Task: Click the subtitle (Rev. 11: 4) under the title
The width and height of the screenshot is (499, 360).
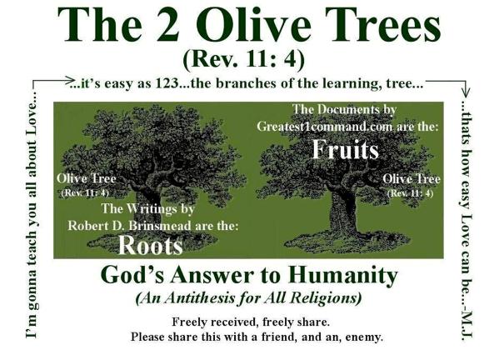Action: [244, 59]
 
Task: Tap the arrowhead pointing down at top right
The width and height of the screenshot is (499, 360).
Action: [466, 92]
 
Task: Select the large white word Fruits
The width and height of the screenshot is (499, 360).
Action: [345, 149]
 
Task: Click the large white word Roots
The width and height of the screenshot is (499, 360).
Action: [151, 245]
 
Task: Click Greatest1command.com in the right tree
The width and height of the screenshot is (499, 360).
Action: [325, 127]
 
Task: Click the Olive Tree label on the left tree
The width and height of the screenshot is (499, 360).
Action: [87, 178]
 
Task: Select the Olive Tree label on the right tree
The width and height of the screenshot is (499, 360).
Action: [412, 179]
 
